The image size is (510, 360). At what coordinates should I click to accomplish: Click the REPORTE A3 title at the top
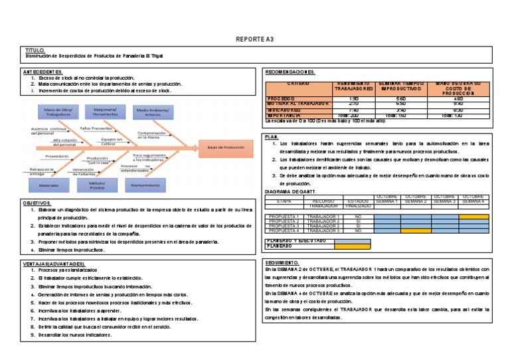pos(254,40)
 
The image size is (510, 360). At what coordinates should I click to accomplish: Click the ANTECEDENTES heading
pos(43,72)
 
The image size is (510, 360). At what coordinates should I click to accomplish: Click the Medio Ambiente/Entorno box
pos(154,111)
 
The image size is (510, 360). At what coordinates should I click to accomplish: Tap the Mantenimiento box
pos(154,185)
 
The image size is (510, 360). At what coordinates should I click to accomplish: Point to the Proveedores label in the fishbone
pos(57,156)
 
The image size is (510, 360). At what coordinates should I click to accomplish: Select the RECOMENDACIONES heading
pos(290,72)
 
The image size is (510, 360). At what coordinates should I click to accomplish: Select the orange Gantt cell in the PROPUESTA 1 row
pos(473,217)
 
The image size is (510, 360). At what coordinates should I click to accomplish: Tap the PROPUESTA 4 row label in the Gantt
pos(284,230)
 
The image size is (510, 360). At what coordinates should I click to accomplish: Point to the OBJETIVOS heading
pos(37,202)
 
